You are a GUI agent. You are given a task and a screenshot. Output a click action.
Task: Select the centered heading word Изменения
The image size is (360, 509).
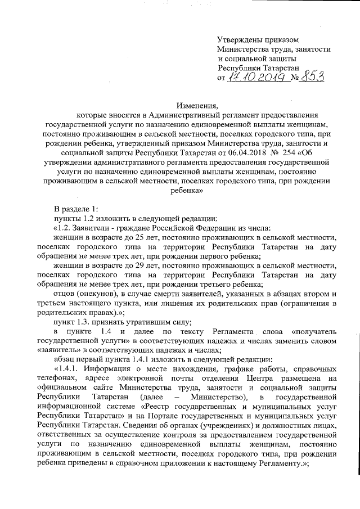point(196,105)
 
